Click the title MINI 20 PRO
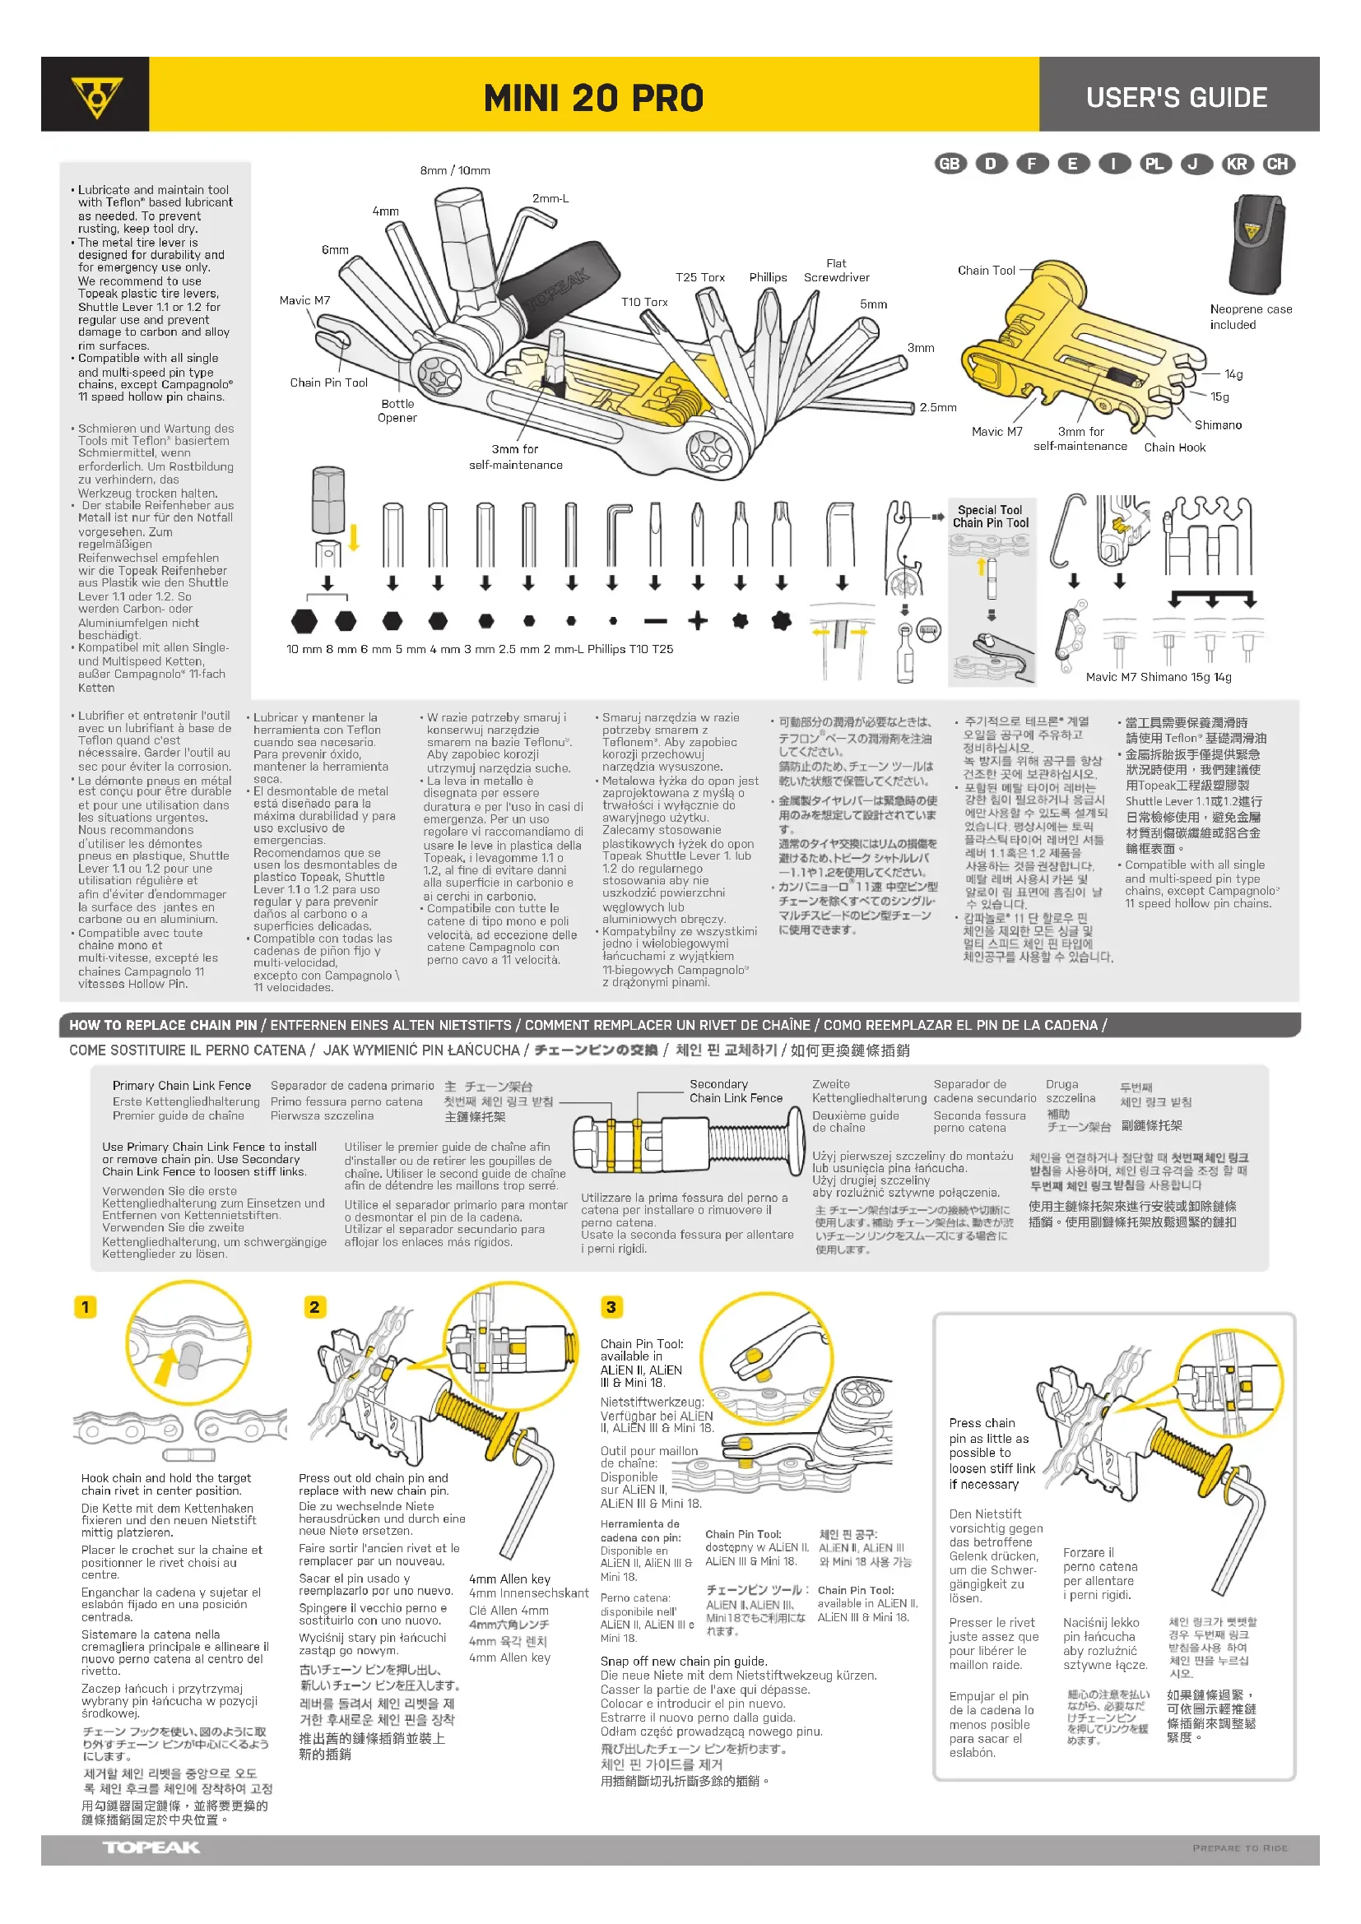593,98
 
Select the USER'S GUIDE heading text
1176,97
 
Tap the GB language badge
950,164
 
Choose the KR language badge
1236,164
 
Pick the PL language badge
1154,164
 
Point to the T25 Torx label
699,277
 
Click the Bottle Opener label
397,410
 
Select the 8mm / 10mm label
455,170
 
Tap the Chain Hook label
1174,447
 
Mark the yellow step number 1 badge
86,1306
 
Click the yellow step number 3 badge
611,1306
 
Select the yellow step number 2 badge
314,1306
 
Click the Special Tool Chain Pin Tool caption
990,517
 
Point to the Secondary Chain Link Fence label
736,1091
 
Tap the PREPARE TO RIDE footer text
1239,1848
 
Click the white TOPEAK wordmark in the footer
151,1847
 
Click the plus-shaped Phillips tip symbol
697,621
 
